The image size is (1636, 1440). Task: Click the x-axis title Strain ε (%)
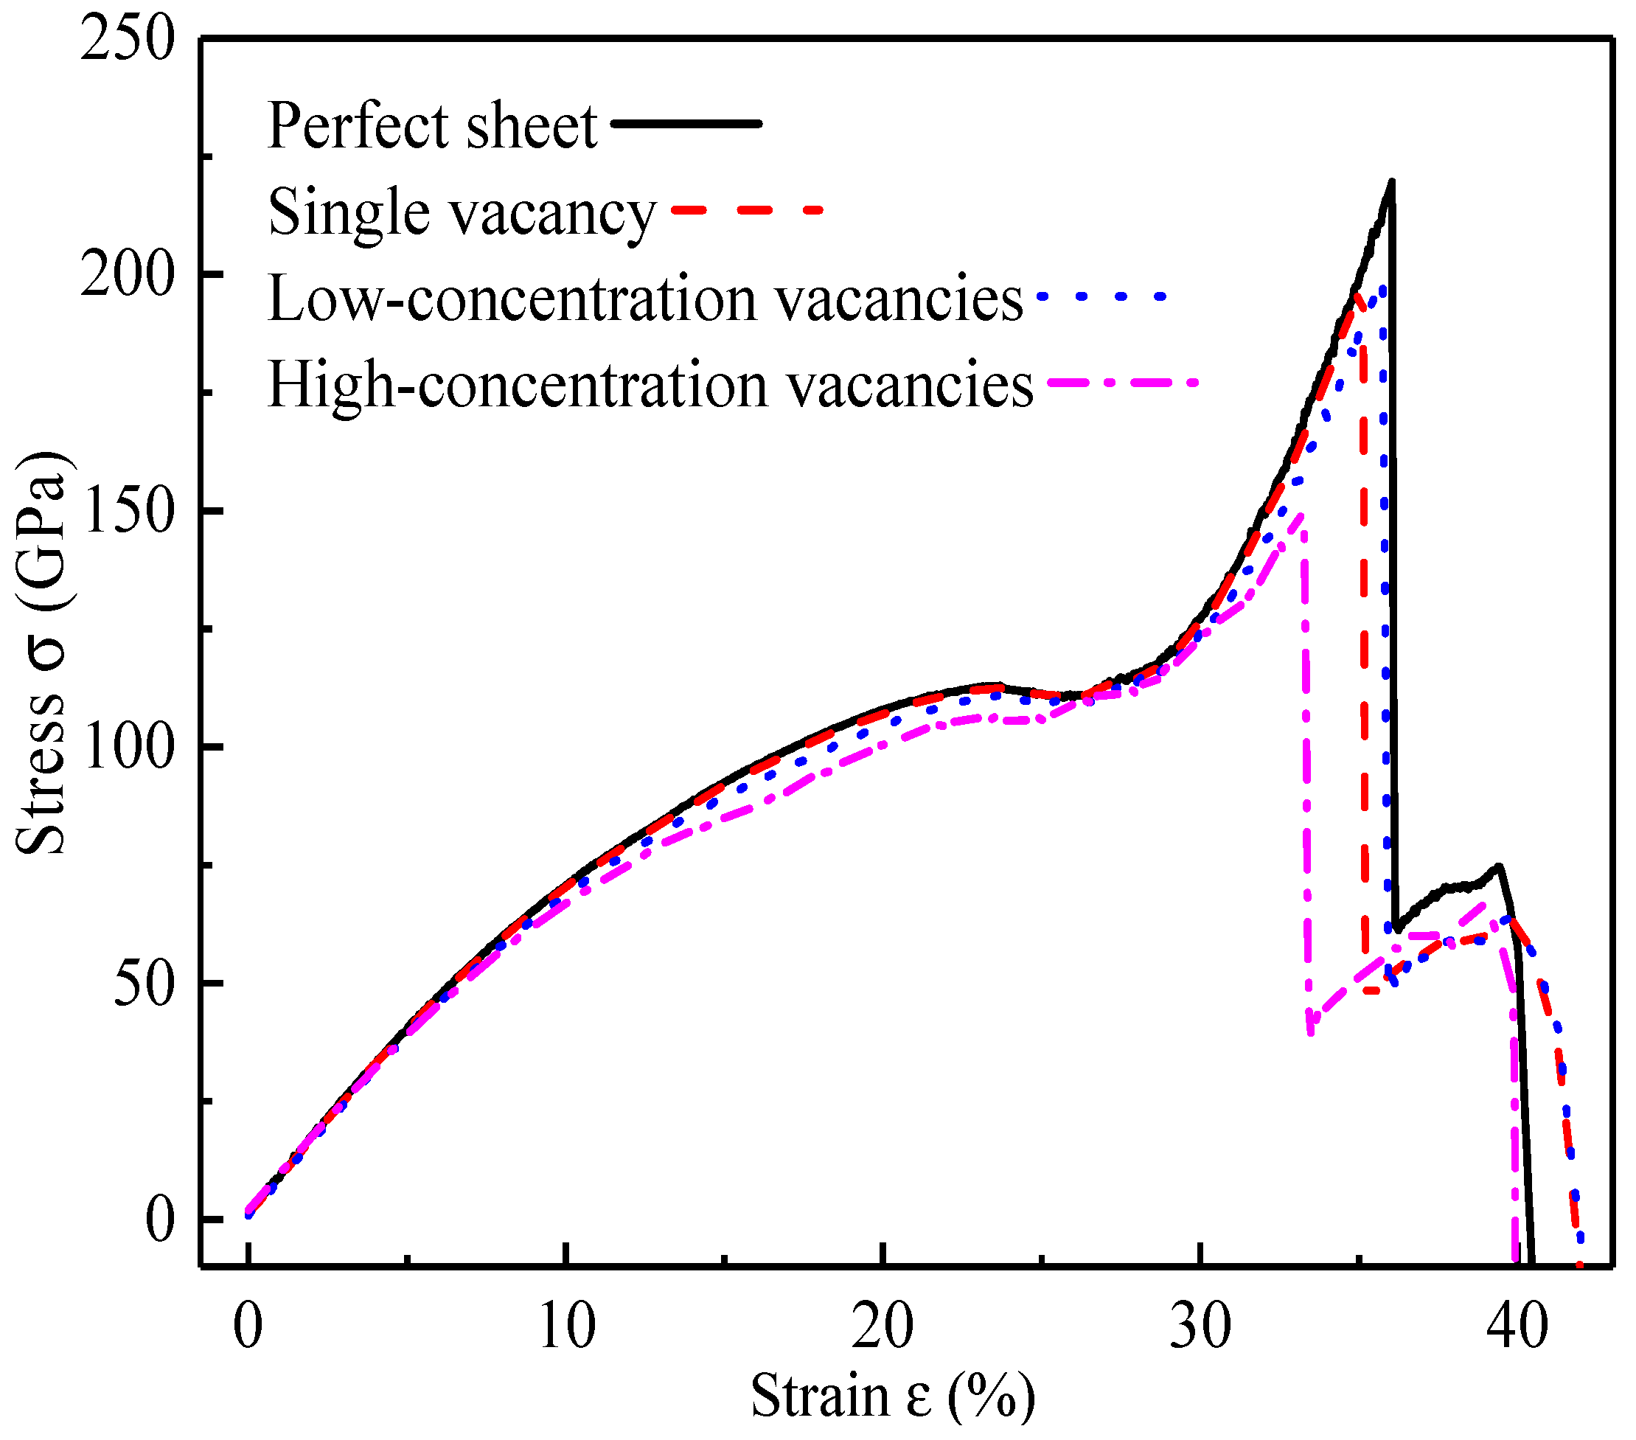892,1396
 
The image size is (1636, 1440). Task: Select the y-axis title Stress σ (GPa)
41,653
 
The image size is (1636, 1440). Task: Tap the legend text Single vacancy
462,213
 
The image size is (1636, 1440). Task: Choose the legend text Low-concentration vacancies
645,299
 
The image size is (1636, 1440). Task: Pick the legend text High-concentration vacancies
650,386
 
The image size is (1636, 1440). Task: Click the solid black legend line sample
686,123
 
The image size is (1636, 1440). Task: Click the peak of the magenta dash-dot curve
1302,515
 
